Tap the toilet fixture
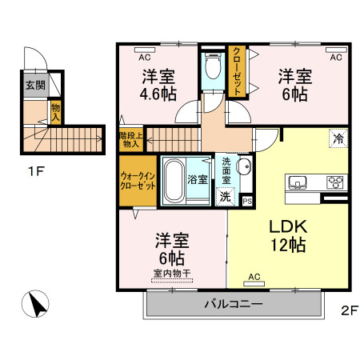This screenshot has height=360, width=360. pos(212,63)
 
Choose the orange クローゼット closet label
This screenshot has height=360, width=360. pos(237,72)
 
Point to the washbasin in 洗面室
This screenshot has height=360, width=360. pos(244,167)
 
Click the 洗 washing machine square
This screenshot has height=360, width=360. pos(226,197)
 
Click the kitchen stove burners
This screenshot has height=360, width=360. pos(334,182)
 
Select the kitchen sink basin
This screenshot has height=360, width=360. pos(297,182)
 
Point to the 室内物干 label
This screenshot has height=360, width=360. pos(170,274)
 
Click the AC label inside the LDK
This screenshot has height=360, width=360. pos(254,277)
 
